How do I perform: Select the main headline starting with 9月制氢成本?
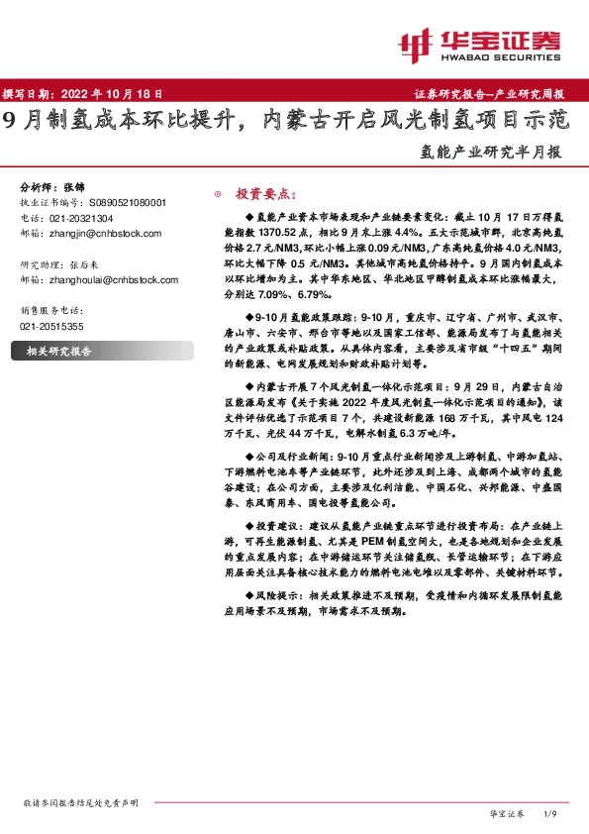[x=286, y=122]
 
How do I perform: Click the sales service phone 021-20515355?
[x=51, y=326]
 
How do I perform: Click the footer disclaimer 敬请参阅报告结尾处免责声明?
[x=79, y=801]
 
